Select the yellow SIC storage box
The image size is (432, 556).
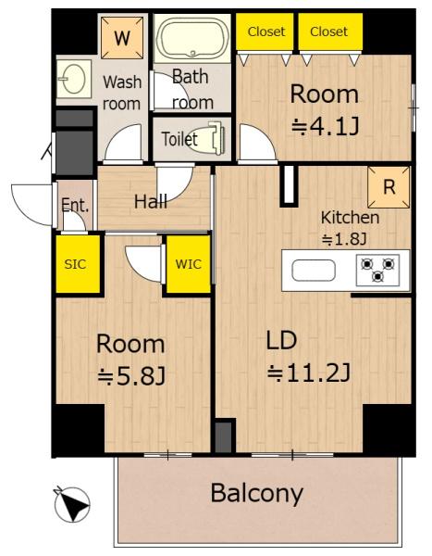[75, 264]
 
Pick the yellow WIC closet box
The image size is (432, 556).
[188, 264]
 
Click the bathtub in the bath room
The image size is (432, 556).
[193, 41]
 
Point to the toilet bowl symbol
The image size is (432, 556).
[215, 138]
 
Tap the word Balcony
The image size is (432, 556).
[256, 493]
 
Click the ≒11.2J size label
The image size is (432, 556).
[309, 373]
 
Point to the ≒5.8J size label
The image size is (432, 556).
[131, 375]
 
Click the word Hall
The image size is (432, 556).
[151, 201]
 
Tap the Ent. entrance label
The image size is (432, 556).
[75, 207]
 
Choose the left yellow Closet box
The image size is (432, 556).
[266, 32]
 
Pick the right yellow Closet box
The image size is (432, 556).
[328, 32]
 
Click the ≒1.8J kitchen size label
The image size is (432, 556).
[344, 239]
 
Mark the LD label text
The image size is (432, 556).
[282, 339]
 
